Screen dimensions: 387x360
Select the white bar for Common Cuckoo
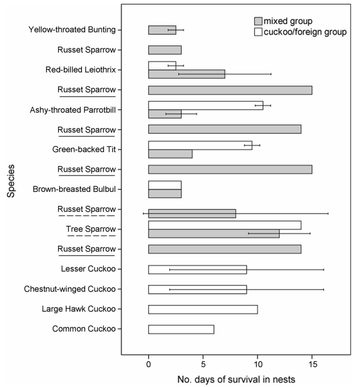coord(181,330)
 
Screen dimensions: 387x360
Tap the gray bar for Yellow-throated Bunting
coord(162,30)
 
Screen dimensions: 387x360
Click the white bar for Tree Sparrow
coord(224,225)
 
